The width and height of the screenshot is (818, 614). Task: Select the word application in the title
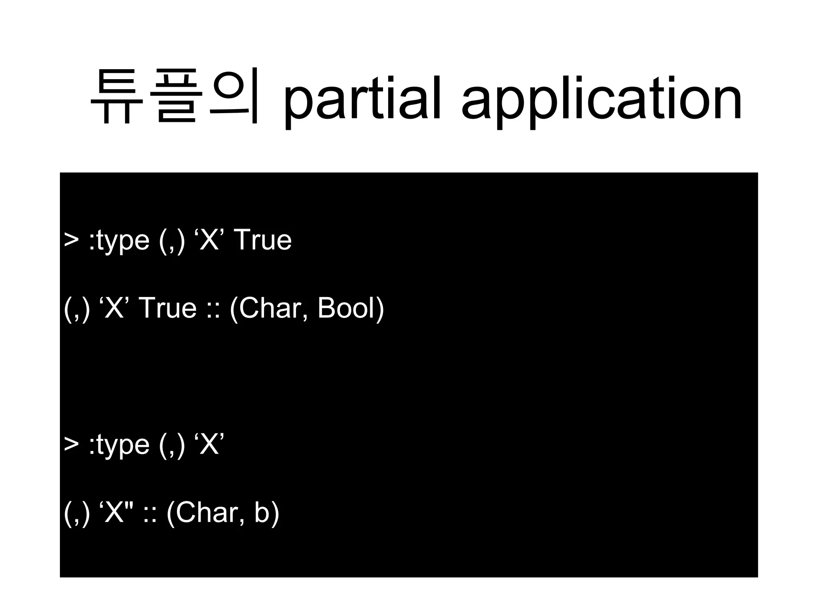(601, 100)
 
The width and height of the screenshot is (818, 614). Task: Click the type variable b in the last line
(262, 512)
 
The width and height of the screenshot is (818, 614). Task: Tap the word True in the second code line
(168, 308)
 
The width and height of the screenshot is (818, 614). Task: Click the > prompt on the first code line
(71, 240)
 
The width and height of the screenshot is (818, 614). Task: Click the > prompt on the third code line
(71, 444)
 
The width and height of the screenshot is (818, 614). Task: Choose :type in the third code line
(119, 445)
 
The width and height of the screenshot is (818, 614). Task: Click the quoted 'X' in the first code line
(209, 240)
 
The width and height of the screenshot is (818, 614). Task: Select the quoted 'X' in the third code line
(209, 444)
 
